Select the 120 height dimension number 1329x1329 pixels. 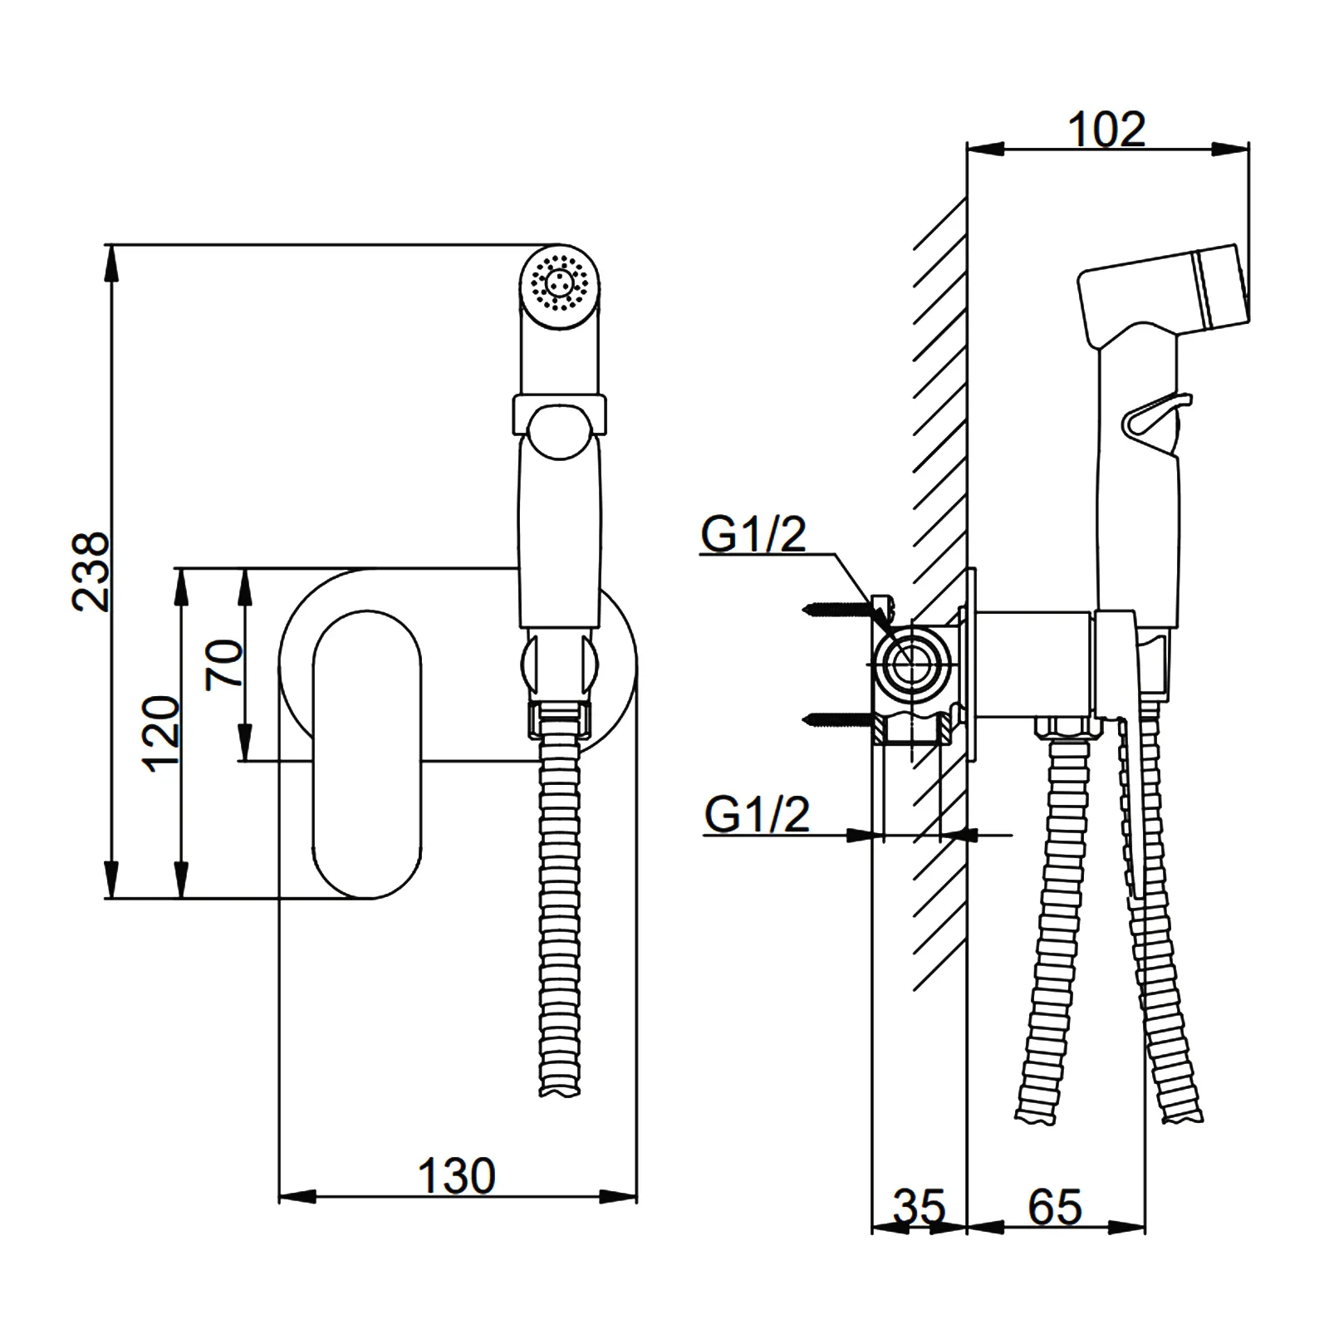pos(162,734)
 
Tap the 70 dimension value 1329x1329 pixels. pos(224,664)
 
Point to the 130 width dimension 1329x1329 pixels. pos(456,1176)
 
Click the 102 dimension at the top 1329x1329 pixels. pos(1106,130)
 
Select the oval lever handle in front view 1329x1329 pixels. pos(366,754)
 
